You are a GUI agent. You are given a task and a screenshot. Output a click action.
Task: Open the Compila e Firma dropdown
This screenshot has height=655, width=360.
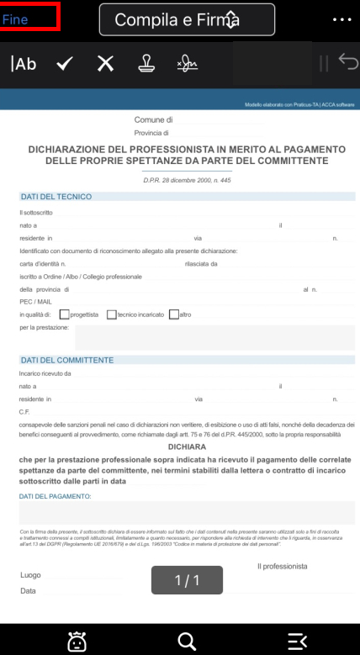click(x=187, y=19)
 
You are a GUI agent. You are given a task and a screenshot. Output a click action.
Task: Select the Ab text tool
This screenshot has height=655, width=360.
click(x=24, y=64)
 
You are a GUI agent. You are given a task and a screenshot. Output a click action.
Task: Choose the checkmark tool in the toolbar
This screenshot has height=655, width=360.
click(x=64, y=64)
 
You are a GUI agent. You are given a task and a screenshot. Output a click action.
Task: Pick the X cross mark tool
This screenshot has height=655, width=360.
click(x=105, y=64)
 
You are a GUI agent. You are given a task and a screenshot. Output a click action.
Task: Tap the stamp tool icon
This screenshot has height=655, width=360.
click(x=146, y=64)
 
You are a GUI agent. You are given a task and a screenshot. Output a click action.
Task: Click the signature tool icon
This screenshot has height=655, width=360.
click(x=187, y=64)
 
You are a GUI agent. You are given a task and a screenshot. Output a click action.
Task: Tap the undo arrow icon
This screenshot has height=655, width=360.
click(x=347, y=62)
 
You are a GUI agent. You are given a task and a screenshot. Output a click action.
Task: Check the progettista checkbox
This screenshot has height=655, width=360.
click(x=65, y=314)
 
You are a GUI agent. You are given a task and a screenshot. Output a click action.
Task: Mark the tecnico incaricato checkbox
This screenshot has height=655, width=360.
click(x=112, y=314)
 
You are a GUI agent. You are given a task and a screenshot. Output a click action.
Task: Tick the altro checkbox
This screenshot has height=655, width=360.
click(x=174, y=314)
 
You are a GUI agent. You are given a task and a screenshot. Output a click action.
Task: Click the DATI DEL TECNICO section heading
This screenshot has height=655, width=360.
click(x=56, y=197)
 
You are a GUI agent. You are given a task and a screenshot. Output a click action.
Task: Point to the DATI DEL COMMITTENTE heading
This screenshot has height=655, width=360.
click(x=66, y=360)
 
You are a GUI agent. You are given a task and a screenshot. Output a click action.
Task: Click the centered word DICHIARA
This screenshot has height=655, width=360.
click(x=180, y=447)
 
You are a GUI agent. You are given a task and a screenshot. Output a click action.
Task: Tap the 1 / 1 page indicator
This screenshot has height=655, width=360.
click(x=186, y=580)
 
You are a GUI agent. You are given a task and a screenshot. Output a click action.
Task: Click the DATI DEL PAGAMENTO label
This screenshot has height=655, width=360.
click(x=55, y=496)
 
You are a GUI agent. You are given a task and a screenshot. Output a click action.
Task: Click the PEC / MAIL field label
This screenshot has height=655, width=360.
click(x=35, y=301)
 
